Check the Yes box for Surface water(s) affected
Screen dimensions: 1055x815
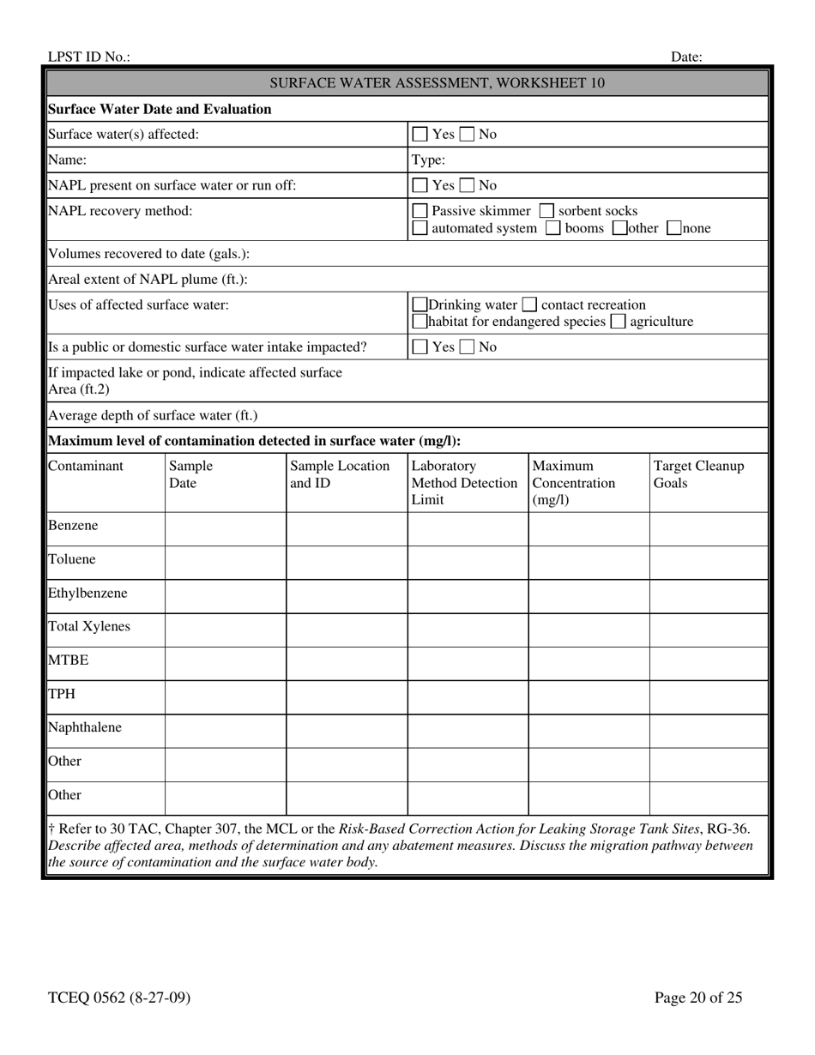pos(420,135)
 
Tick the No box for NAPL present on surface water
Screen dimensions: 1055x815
pos(467,185)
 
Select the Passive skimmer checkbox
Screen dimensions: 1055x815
pos(420,211)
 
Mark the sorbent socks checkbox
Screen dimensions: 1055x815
pos(546,211)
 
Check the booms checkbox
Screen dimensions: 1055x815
pos(553,229)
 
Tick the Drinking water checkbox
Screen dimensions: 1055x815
pos(420,305)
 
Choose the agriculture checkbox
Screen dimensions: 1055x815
pos(618,322)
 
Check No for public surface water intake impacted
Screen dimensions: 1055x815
pos(467,347)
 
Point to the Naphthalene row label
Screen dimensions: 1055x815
pos(85,728)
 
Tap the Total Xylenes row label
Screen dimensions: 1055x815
pos(89,627)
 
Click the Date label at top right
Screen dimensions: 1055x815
pos(686,57)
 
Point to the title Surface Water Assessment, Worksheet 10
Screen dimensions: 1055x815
pos(437,83)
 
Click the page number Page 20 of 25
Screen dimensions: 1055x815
pos(697,998)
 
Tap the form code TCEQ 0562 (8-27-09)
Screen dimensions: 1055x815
pos(119,998)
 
